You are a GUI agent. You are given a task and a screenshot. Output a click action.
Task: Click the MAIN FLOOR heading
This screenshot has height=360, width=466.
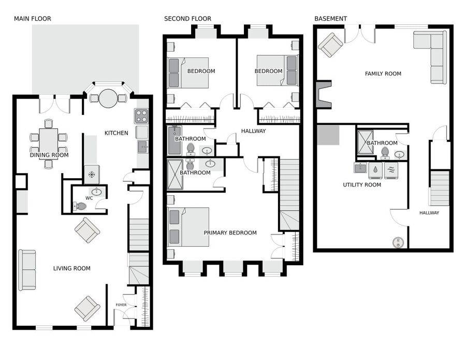click(33, 19)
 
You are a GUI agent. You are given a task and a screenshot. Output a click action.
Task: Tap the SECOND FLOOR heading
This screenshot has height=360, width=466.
click(187, 19)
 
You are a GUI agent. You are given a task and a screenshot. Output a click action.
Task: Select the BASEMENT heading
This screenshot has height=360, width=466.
click(330, 19)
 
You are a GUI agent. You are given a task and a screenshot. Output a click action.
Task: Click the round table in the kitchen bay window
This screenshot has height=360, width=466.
click(108, 98)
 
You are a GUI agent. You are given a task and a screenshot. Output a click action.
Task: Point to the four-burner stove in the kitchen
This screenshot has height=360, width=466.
click(141, 116)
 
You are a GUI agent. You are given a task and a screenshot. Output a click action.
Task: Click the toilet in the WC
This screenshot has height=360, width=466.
click(80, 206)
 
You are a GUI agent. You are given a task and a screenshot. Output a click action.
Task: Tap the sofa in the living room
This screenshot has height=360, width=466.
click(27, 270)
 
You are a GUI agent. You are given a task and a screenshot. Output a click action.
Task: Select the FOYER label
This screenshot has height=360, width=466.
click(121, 305)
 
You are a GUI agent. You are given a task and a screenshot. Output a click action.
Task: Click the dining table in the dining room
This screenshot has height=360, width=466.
click(49, 140)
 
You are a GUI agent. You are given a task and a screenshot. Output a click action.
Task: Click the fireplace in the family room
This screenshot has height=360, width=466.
click(324, 95)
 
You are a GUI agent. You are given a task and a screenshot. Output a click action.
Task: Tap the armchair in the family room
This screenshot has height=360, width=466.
click(330, 45)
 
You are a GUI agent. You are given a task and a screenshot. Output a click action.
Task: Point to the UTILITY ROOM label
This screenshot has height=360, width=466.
click(362, 184)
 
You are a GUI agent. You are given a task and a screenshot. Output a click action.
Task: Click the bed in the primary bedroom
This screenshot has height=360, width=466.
click(188, 227)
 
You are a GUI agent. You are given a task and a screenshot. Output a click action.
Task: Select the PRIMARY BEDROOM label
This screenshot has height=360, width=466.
click(230, 233)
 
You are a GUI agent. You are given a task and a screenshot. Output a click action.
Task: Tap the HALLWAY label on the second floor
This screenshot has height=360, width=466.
click(253, 131)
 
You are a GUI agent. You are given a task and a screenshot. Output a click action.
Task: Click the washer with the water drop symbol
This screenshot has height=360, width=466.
click(376, 170)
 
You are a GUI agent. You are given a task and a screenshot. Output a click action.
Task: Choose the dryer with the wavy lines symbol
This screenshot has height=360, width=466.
click(391, 170)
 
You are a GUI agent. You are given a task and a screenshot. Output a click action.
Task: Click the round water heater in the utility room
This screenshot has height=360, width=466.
click(398, 242)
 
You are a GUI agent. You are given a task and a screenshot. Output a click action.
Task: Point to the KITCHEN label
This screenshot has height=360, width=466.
click(116, 133)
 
